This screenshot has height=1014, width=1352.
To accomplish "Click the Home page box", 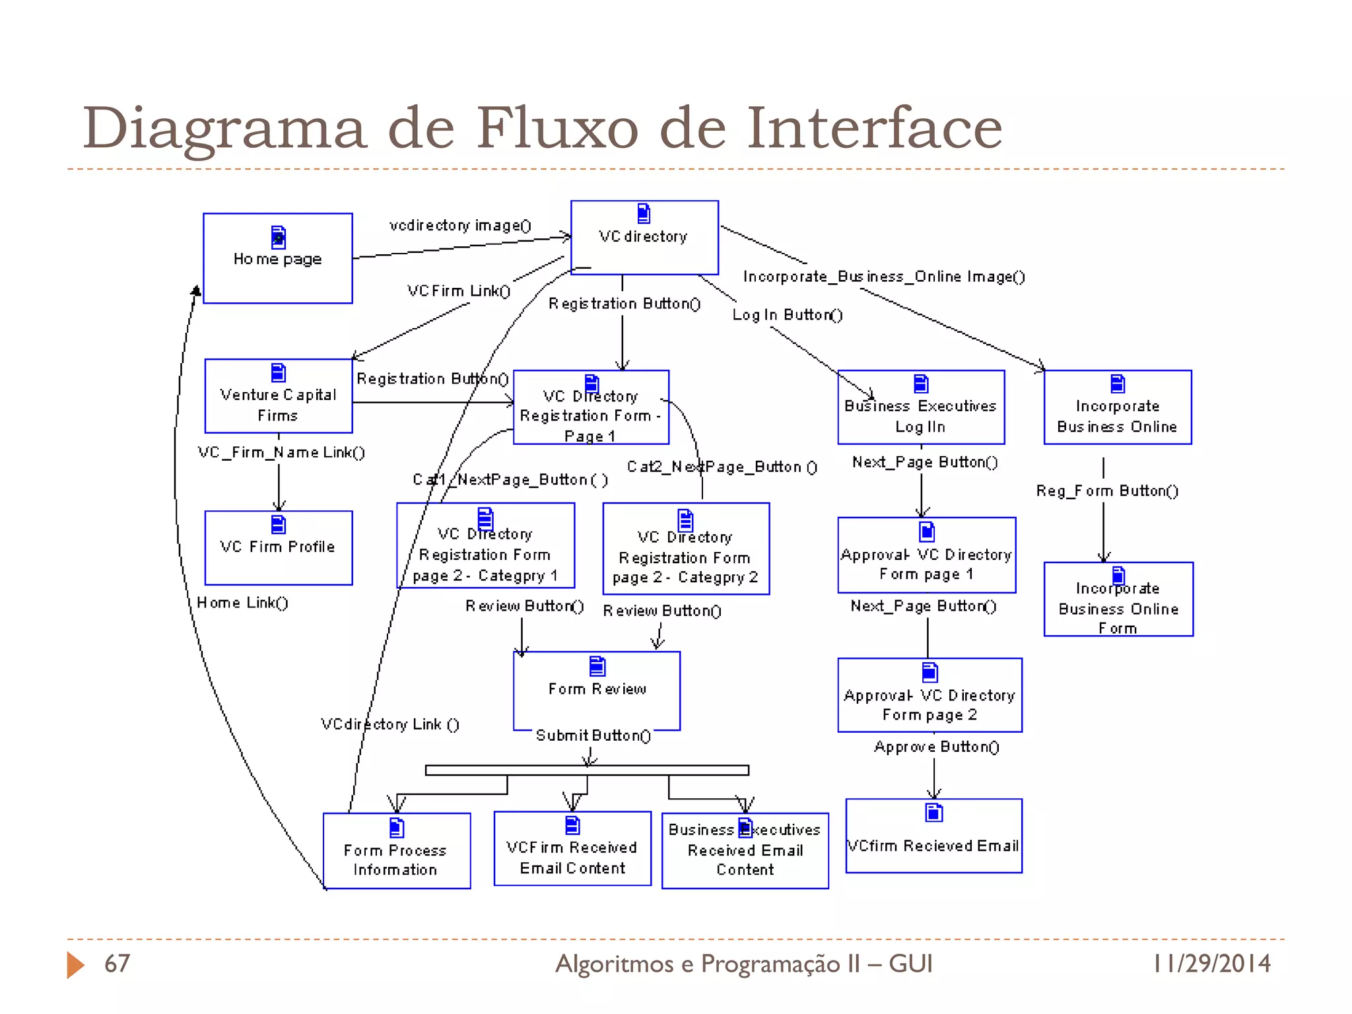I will [277, 258].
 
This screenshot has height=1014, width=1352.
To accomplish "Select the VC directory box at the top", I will [644, 237].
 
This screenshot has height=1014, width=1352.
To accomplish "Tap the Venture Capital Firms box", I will [278, 396].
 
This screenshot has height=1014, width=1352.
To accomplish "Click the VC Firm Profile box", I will [278, 547].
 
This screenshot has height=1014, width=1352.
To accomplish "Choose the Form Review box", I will [596, 690].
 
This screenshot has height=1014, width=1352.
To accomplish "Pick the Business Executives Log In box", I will [920, 407].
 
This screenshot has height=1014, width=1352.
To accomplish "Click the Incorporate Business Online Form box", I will [1118, 599].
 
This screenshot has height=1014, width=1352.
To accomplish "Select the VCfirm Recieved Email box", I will [933, 836].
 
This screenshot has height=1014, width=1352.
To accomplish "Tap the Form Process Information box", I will [396, 851].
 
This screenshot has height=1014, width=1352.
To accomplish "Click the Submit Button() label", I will [593, 735].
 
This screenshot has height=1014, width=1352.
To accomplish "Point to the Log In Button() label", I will [787, 315].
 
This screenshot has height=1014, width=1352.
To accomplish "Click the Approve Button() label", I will [936, 747].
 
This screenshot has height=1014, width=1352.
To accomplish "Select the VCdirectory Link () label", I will [389, 724].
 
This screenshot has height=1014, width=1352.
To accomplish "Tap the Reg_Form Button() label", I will [1106, 491].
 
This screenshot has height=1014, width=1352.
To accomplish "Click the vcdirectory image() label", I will [460, 226].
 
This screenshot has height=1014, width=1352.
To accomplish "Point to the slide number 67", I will [117, 964].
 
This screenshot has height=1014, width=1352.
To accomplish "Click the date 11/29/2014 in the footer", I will [1211, 964].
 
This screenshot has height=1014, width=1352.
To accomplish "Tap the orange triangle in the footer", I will [75, 965].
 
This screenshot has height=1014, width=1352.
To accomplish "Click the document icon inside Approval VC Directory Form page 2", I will [929, 672].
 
